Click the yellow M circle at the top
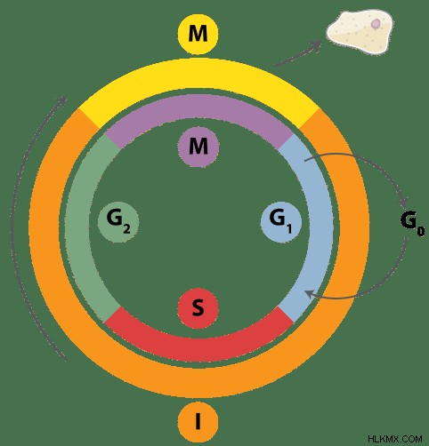[198, 34]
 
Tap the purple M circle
[198, 146]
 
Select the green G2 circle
[118, 222]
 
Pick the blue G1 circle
[281, 222]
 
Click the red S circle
[198, 307]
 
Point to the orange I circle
[198, 421]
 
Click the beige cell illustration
[360, 32]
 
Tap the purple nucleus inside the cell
[376, 23]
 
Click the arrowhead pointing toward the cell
[317, 46]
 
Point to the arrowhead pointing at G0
[404, 203]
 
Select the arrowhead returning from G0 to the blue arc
[310, 294]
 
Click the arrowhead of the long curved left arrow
[63, 100]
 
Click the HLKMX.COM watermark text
[395, 438]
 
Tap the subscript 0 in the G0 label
[421, 231]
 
